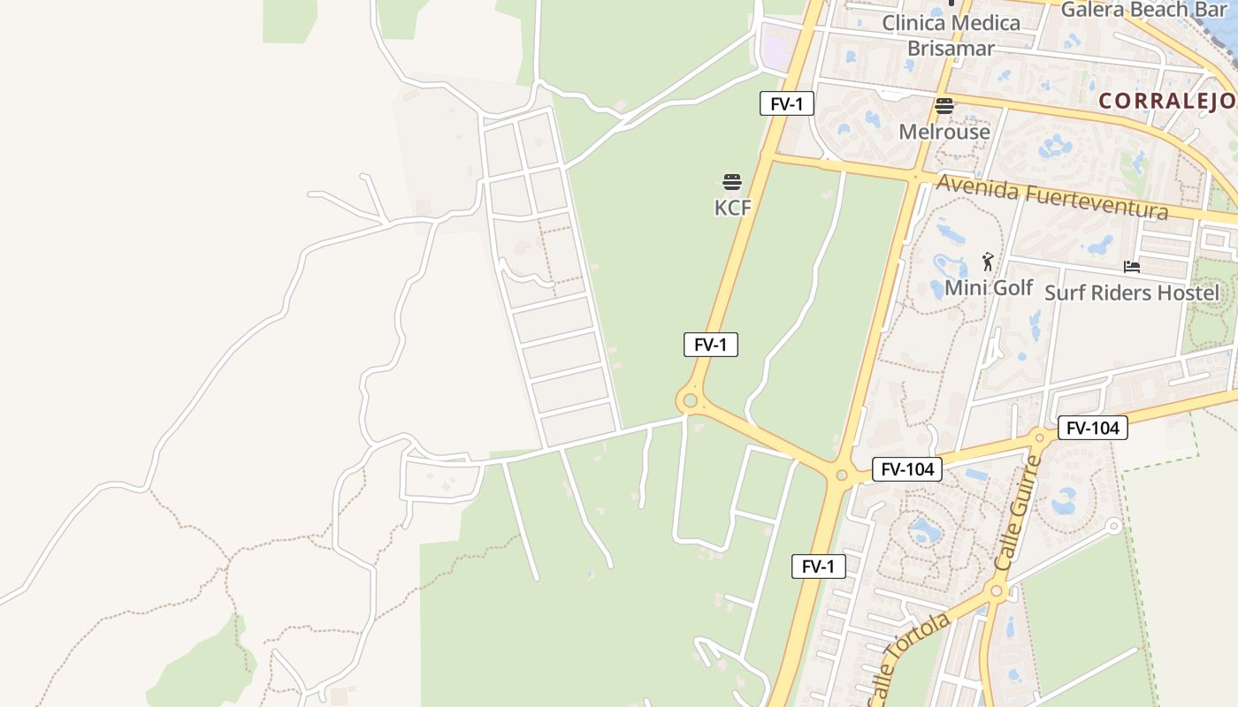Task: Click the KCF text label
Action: (x=732, y=208)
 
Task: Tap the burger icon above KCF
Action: (x=732, y=182)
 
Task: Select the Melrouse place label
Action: (x=944, y=132)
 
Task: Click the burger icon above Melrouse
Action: (x=944, y=107)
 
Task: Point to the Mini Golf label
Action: (x=989, y=287)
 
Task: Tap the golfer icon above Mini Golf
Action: (x=988, y=262)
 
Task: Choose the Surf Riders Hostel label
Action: (x=1132, y=293)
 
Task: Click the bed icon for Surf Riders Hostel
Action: (x=1132, y=267)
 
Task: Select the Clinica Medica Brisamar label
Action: (x=951, y=35)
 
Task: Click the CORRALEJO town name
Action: (x=1167, y=101)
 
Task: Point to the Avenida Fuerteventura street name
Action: (x=1052, y=197)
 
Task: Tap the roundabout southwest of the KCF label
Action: (x=690, y=401)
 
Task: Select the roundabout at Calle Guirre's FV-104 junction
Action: (x=1039, y=437)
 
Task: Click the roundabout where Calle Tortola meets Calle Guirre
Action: (x=997, y=591)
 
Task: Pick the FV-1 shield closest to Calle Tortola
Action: (x=818, y=566)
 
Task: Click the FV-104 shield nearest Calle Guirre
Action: (x=1093, y=429)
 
